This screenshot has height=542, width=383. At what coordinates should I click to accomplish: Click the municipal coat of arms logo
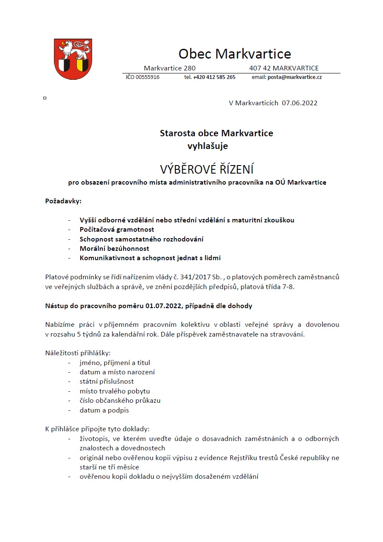73,59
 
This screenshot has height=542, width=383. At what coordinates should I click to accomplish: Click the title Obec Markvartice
234,54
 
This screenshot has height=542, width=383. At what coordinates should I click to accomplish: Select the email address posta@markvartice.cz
294,77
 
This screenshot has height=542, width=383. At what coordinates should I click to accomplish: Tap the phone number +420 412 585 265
214,77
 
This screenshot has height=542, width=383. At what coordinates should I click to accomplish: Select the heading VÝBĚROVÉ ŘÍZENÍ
206,169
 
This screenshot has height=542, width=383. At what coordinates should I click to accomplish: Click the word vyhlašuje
208,146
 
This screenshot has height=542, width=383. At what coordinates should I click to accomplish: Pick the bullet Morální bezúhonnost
114,248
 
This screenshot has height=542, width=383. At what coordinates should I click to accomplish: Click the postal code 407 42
260,68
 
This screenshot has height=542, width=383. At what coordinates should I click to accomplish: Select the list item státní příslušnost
107,382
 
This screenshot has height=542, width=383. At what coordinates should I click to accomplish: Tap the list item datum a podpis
104,410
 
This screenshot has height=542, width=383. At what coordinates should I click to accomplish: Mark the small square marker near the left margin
45,98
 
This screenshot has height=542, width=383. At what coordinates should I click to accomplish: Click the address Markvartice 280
169,68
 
